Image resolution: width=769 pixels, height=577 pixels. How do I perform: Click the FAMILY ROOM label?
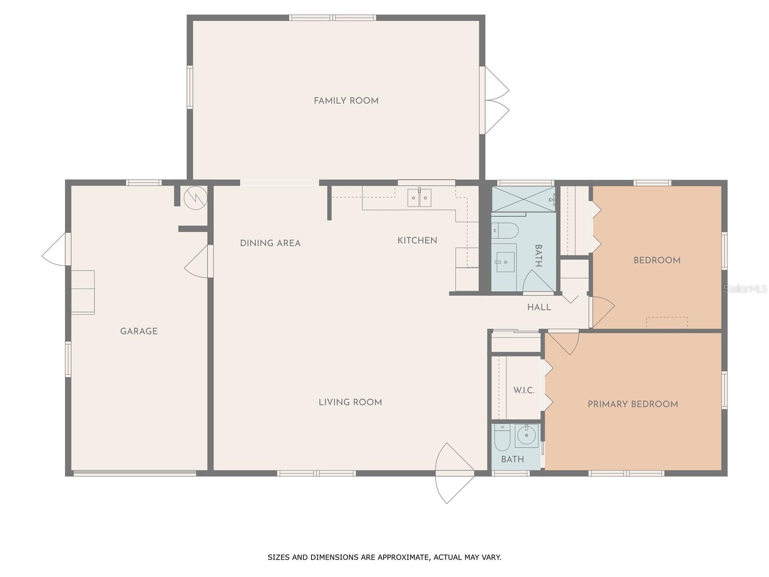point(346,101)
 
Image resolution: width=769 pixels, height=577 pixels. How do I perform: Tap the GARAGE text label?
point(139,331)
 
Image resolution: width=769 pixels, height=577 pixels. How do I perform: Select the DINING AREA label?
point(270,243)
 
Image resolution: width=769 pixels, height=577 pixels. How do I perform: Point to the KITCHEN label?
point(417,240)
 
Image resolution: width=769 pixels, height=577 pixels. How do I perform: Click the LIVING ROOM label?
point(350,402)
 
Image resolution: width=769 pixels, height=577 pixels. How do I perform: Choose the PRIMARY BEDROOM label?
point(633,404)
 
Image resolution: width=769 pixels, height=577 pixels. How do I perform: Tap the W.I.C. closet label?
point(524,390)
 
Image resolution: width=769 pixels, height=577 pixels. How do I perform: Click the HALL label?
point(539,307)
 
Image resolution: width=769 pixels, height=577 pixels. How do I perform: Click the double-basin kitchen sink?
point(419,198)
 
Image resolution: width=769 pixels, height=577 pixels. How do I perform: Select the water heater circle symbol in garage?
point(196,198)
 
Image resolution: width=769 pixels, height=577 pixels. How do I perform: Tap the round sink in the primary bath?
point(526,436)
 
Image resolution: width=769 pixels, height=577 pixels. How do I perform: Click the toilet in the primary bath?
point(502,438)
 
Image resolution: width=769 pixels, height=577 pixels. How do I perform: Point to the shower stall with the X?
point(523,199)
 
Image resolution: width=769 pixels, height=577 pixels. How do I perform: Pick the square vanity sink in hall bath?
point(505,262)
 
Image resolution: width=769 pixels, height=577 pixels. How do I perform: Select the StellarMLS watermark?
point(745,289)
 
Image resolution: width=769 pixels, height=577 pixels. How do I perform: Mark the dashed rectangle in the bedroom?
point(667,323)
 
